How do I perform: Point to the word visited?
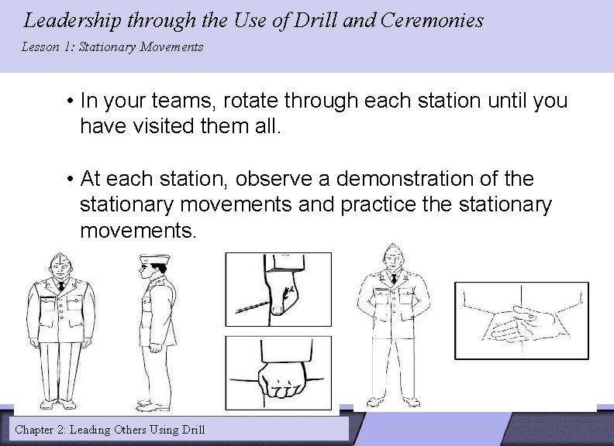(x=159, y=126)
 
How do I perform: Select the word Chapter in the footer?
(x=40, y=428)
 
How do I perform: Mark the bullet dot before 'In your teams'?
(x=70, y=101)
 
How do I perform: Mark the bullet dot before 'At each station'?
(x=70, y=180)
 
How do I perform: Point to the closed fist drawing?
(x=278, y=378)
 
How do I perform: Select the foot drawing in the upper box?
(x=278, y=290)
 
